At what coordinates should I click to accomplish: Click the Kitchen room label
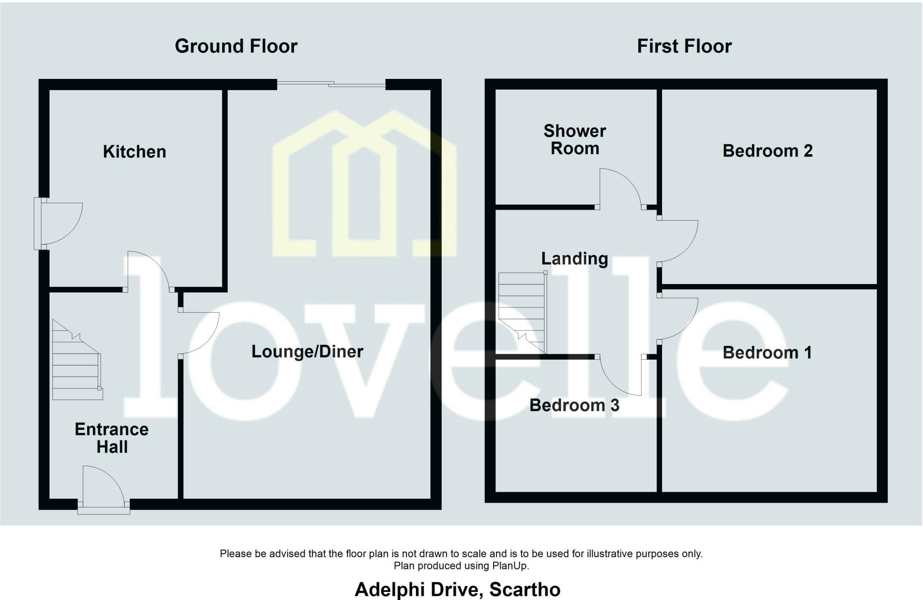pyautogui.click(x=134, y=151)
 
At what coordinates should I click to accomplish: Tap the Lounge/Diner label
pyautogui.click(x=307, y=352)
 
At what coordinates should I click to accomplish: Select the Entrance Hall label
pyautogui.click(x=112, y=438)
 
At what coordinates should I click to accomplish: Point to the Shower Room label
pyautogui.click(x=575, y=139)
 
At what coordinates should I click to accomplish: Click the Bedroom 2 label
pyautogui.click(x=768, y=151)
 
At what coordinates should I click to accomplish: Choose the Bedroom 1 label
pyautogui.click(x=767, y=353)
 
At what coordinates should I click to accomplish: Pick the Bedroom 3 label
pyautogui.click(x=574, y=405)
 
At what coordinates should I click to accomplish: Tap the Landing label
pyautogui.click(x=575, y=259)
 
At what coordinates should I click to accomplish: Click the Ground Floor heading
pyautogui.click(x=236, y=46)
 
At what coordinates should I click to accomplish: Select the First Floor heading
pyautogui.click(x=684, y=46)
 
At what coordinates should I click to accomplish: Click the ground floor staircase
pyautogui.click(x=77, y=360)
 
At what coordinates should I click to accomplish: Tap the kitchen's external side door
pyautogui.click(x=59, y=224)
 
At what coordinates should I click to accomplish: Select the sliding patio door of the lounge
pyautogui.click(x=331, y=84)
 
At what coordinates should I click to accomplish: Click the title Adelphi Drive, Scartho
pyautogui.click(x=457, y=589)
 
